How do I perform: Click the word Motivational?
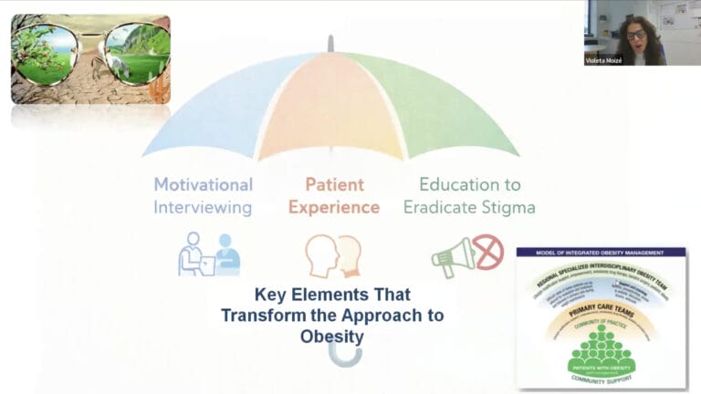tap(203, 183)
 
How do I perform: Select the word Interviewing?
tap(203, 207)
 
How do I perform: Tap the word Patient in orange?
tap(333, 183)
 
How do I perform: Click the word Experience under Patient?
tap(333, 207)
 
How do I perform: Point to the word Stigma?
tap(505, 207)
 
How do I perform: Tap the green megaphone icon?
tap(453, 257)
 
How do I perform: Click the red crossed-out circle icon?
tap(488, 252)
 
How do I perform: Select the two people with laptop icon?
tap(209, 254)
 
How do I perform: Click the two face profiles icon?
tap(333, 255)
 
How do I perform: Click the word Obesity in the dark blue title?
tap(332, 337)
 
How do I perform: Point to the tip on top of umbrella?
tap(330, 42)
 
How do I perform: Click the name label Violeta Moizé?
tap(606, 60)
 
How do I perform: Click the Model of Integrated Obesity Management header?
tap(601, 253)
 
